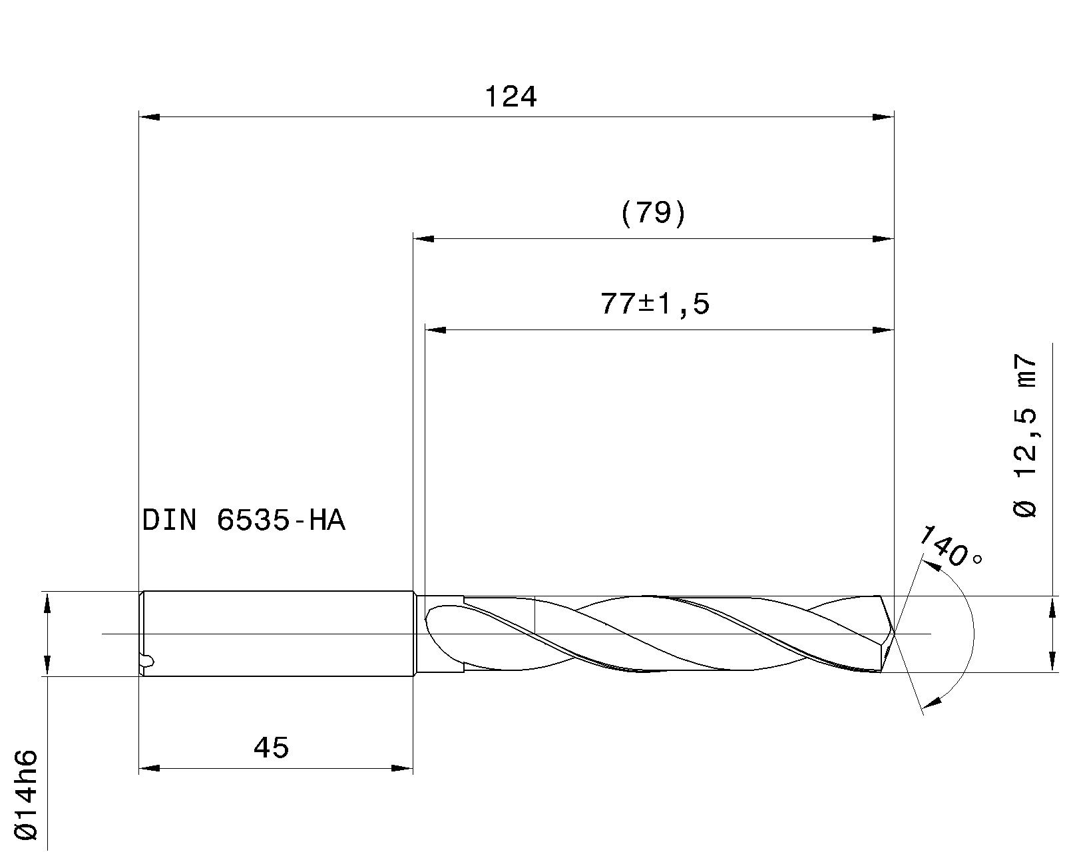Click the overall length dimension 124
(x=510, y=97)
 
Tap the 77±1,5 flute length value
(x=655, y=304)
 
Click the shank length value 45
(x=272, y=747)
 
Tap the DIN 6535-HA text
(x=244, y=520)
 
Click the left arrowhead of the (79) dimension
(x=423, y=238)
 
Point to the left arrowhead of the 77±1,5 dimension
(x=435, y=329)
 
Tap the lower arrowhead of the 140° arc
(x=937, y=700)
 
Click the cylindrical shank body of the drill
(x=280, y=633)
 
